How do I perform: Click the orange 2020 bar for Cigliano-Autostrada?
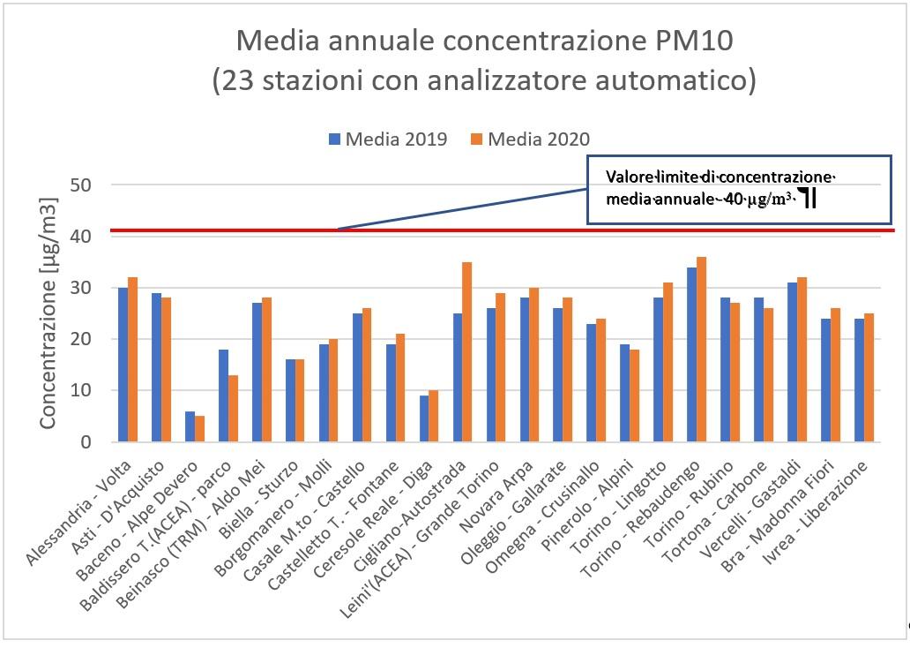(467, 352)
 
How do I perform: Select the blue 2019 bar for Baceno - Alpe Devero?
(190, 426)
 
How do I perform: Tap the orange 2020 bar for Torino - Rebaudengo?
(701, 350)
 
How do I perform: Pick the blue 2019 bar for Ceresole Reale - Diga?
(424, 418)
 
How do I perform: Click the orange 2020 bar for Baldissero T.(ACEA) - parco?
(232, 408)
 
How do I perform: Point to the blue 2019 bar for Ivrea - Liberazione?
(859, 381)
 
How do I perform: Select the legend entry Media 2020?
(538, 139)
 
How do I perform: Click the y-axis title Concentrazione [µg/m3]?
(49, 313)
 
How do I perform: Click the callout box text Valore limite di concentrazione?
(720, 177)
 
